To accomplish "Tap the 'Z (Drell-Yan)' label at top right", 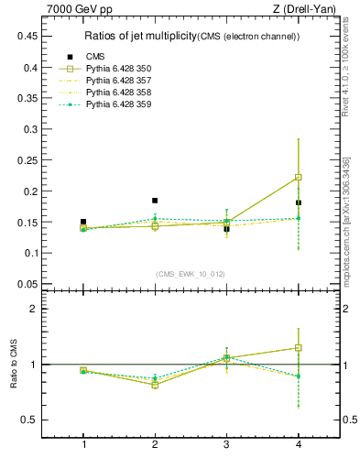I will tap(309, 10).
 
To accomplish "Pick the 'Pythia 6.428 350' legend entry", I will tap(118, 69).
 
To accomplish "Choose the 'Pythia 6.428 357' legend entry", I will tap(118, 81).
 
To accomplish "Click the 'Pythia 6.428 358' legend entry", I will tap(118, 93).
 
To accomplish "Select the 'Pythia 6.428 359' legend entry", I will tap(118, 104).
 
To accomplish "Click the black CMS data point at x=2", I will tap(155, 200).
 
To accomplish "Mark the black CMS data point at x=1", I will tap(83, 222).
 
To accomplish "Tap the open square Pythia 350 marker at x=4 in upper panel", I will tap(299, 177).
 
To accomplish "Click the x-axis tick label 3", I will tap(226, 445).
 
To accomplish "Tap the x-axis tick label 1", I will tap(83, 445).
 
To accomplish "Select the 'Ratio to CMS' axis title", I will tap(14, 365).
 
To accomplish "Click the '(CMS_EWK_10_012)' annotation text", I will tap(190, 274).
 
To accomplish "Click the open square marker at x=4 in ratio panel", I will tap(299, 348).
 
